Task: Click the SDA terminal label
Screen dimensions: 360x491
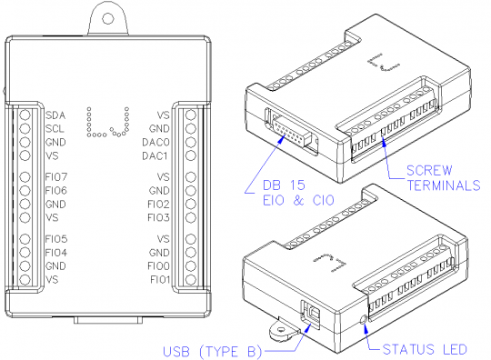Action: [55, 115]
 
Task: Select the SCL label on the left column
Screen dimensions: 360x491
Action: [55, 128]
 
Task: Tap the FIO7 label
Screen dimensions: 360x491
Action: [56, 176]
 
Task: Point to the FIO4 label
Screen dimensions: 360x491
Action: [56, 252]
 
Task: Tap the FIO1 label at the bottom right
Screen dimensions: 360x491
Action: [159, 280]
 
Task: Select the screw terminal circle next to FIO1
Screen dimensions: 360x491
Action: [189, 280]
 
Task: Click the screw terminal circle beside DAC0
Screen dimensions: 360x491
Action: [189, 143]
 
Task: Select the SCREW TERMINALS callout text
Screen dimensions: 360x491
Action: [440, 177]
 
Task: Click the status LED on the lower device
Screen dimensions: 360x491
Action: [365, 320]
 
